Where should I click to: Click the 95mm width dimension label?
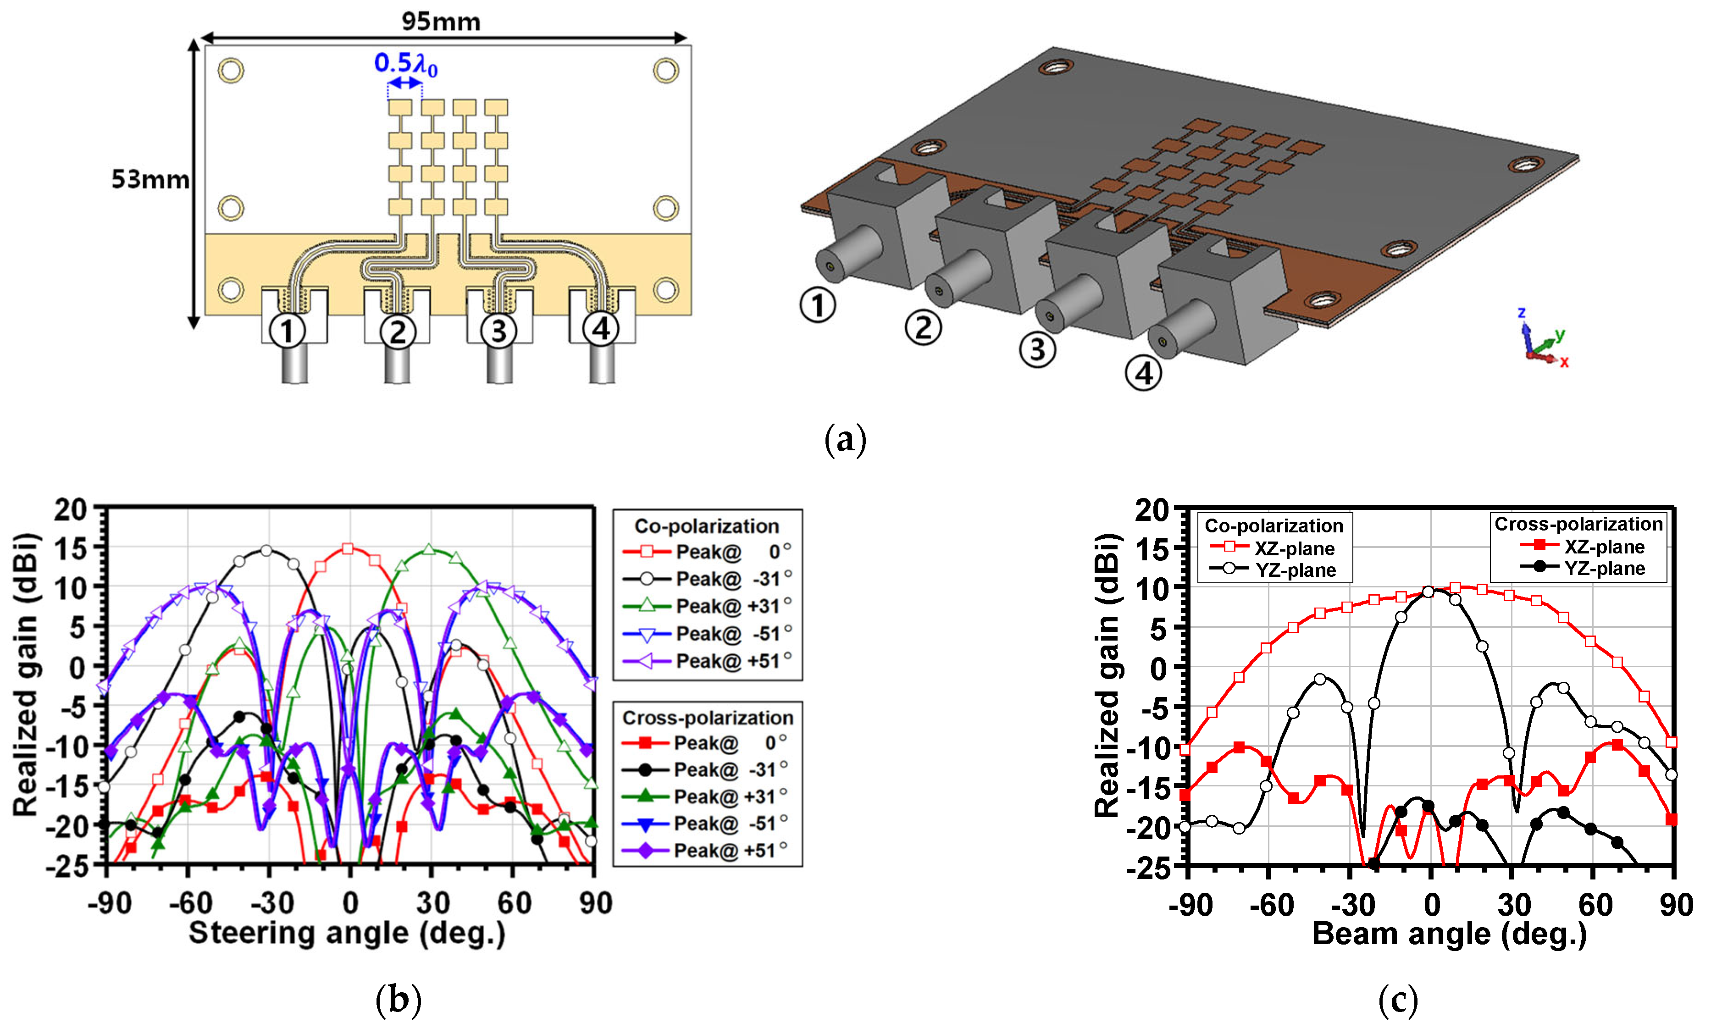click(441, 22)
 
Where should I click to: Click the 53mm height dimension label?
click(150, 179)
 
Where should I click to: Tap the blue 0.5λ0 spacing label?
click(405, 65)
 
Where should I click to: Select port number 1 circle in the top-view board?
click(287, 331)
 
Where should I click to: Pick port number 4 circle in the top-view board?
click(601, 328)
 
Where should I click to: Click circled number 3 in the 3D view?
click(1037, 349)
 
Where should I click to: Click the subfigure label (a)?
click(845, 440)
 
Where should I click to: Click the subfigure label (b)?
click(398, 1000)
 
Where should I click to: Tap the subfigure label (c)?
click(1398, 1000)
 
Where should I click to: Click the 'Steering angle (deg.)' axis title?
click(347, 933)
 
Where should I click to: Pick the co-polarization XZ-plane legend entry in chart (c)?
click(1272, 548)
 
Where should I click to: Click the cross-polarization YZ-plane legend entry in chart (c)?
click(1583, 568)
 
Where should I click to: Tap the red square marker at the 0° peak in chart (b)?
click(348, 548)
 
